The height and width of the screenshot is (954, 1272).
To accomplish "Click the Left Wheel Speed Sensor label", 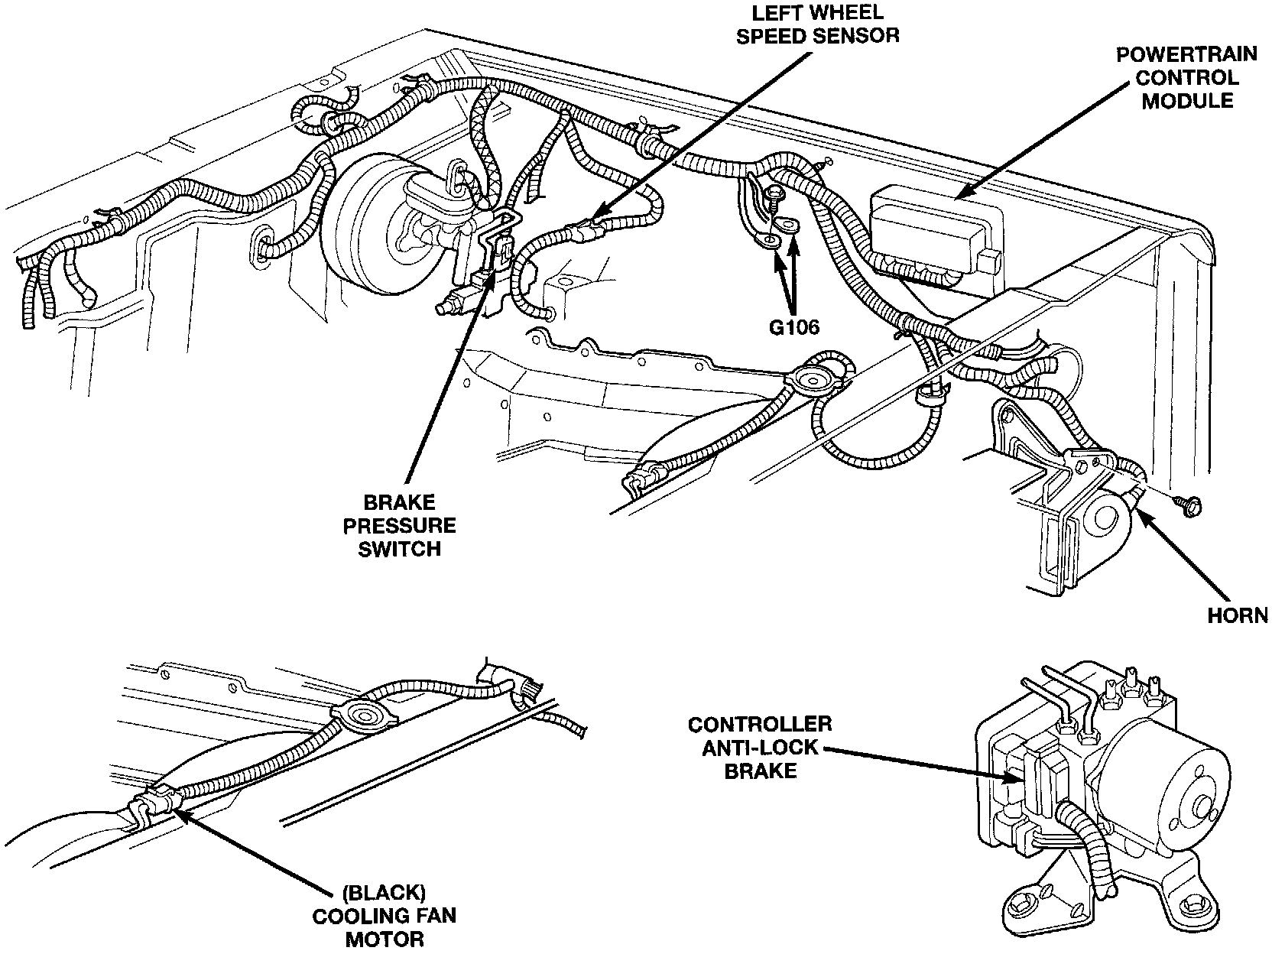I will [x=816, y=24].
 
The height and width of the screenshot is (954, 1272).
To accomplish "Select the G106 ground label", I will [x=793, y=327].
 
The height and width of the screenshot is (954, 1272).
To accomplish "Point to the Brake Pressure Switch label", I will [x=400, y=526].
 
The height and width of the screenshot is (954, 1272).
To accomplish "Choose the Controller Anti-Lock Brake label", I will [x=759, y=747].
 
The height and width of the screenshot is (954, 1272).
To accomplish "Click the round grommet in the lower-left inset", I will [x=359, y=715].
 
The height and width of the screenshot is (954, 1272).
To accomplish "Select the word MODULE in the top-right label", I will [x=1186, y=101].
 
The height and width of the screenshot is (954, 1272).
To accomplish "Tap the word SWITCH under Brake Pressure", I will [x=400, y=549].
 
